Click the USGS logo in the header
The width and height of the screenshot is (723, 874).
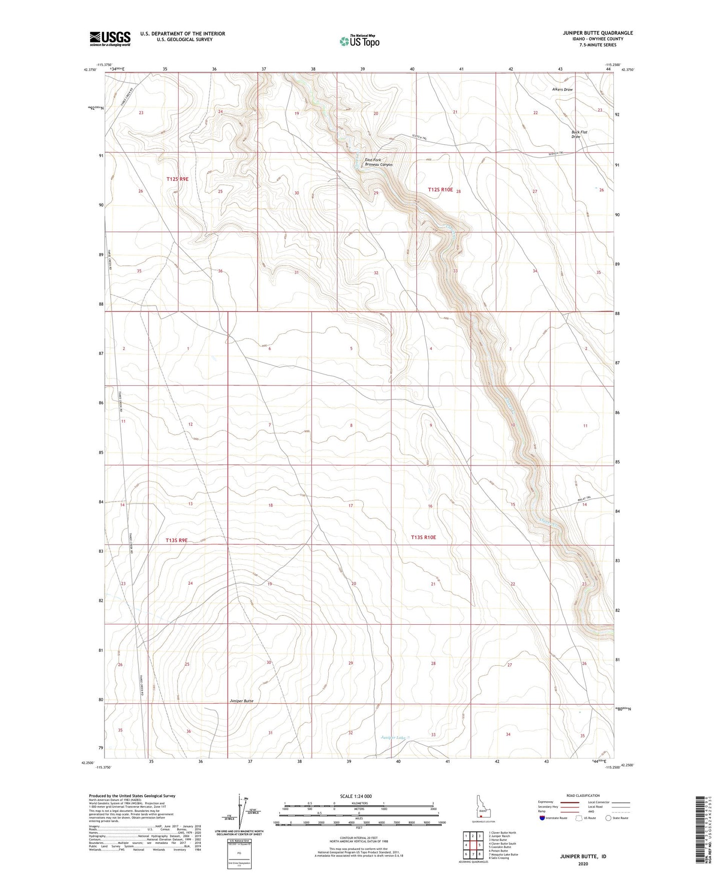click(x=110, y=39)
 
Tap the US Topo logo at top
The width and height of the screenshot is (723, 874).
click(x=359, y=41)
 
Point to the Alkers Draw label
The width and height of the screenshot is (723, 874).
click(x=562, y=90)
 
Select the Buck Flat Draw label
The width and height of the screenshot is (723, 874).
click(x=579, y=134)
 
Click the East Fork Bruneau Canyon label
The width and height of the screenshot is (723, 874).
click(x=379, y=162)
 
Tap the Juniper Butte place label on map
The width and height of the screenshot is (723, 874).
click(x=242, y=701)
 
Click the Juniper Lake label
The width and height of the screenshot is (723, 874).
click(x=394, y=737)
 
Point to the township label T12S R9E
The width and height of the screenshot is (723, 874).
click(x=178, y=179)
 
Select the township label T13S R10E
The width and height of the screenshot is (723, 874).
click(x=423, y=537)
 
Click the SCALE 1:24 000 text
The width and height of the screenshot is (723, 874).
click(x=356, y=796)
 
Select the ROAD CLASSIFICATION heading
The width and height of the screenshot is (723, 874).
click(x=583, y=795)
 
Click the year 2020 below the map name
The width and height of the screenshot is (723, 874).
click(x=582, y=863)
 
